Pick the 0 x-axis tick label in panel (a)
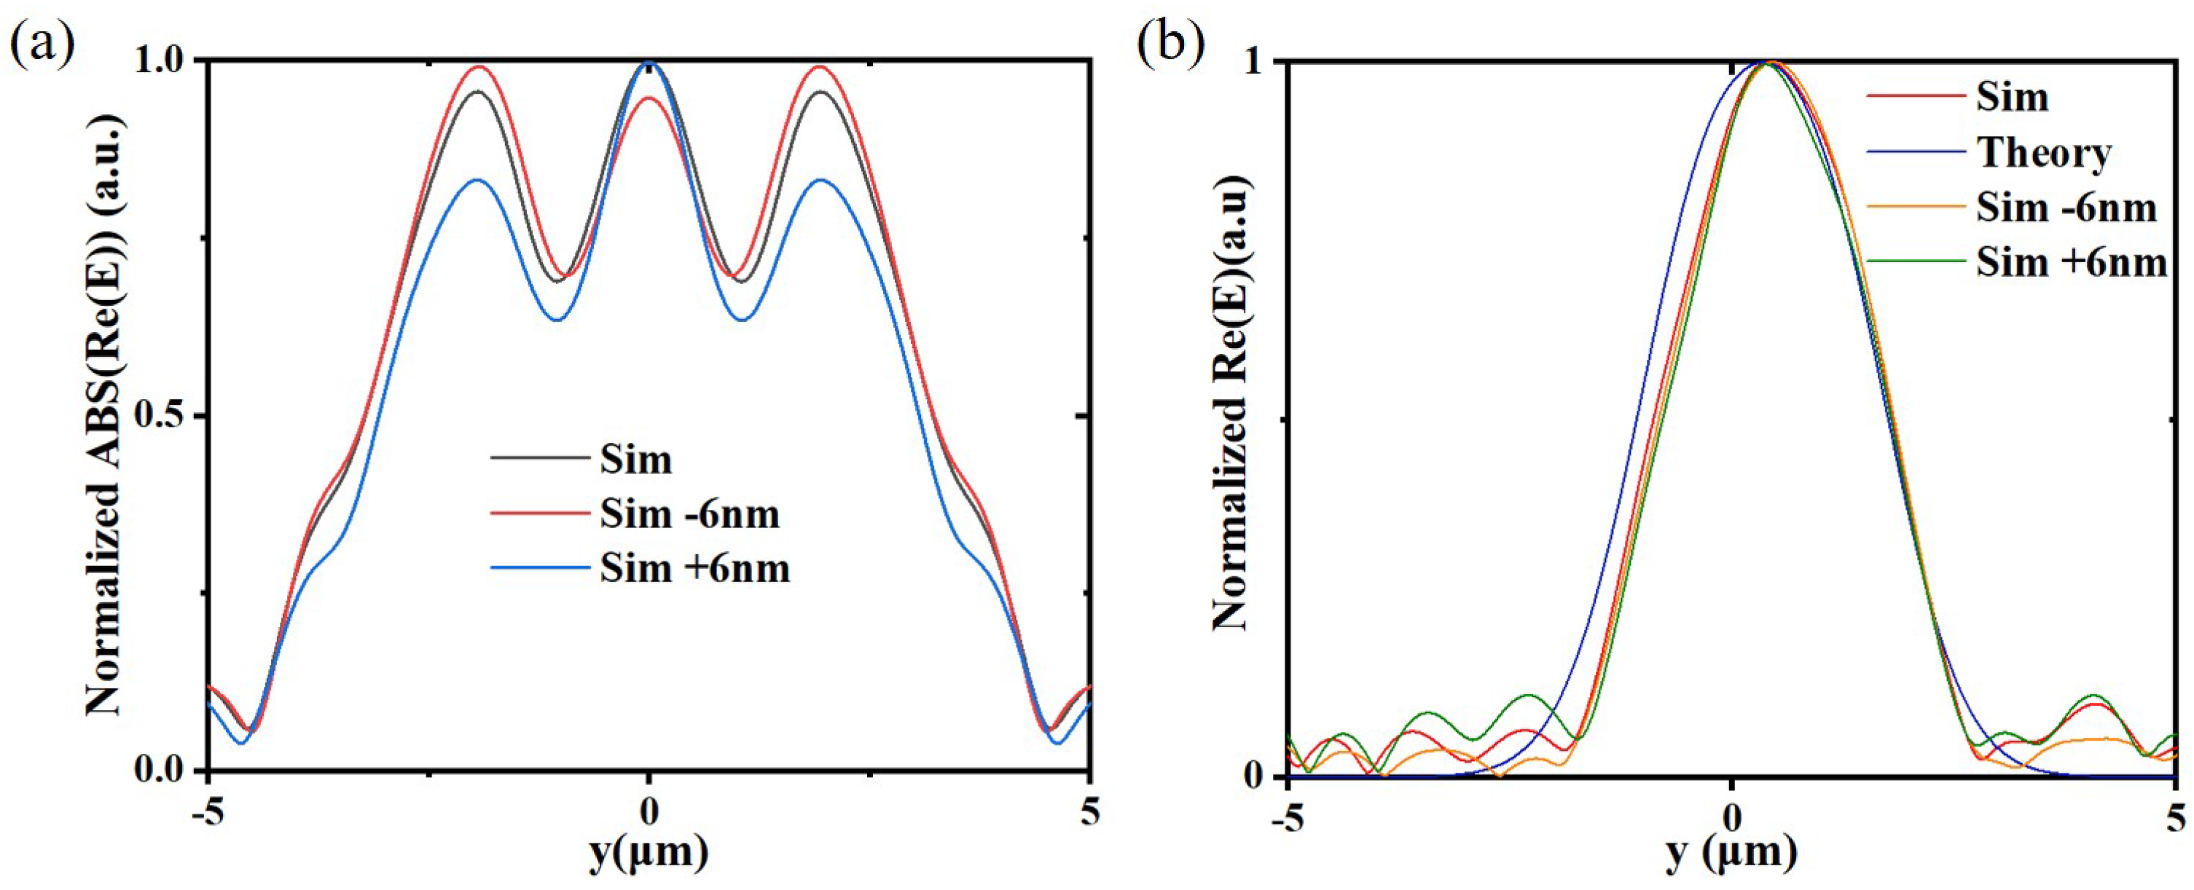[x=649, y=814]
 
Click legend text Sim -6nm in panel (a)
[x=689, y=513]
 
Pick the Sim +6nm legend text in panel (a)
[x=695, y=568]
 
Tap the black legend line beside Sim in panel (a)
[x=539, y=460]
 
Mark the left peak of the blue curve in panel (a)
[x=478, y=180]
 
